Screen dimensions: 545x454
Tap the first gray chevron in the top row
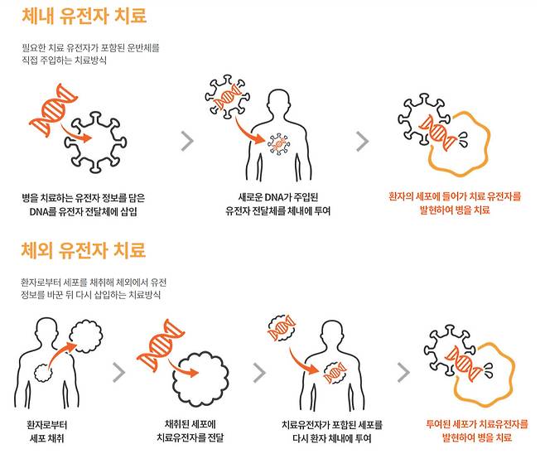tap(187, 141)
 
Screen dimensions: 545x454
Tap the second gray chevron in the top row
tap(361, 141)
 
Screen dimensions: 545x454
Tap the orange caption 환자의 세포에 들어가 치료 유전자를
tap(456, 197)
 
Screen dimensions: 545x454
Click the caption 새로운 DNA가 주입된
tap(277, 197)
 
